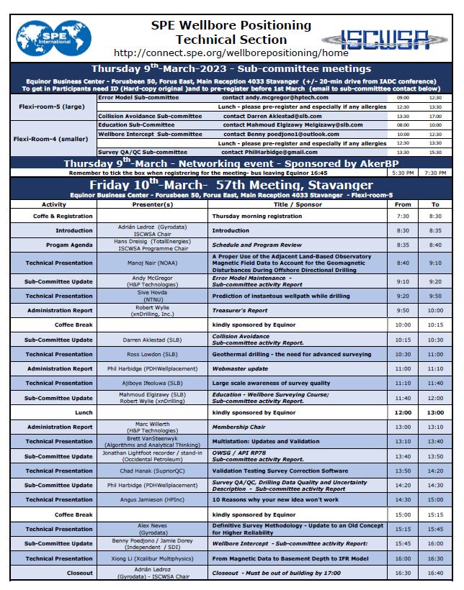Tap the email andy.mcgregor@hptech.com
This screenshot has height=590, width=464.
(x=275, y=97)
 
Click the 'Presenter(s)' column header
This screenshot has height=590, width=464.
(x=152, y=204)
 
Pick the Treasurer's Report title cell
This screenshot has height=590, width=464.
(x=239, y=310)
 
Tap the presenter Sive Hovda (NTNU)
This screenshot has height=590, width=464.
(x=152, y=296)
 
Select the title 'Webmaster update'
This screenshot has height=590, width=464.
(x=239, y=368)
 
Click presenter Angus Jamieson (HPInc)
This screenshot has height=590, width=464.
(x=152, y=499)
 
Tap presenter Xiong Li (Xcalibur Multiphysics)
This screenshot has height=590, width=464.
(x=152, y=558)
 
